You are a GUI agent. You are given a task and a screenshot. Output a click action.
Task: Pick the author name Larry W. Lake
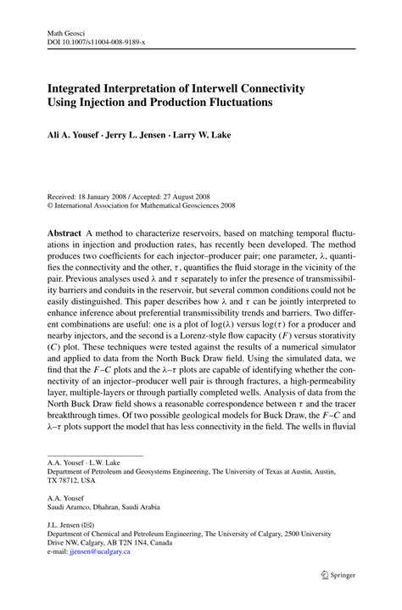(207, 135)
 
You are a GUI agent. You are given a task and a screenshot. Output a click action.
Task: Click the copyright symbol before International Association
(50, 204)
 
